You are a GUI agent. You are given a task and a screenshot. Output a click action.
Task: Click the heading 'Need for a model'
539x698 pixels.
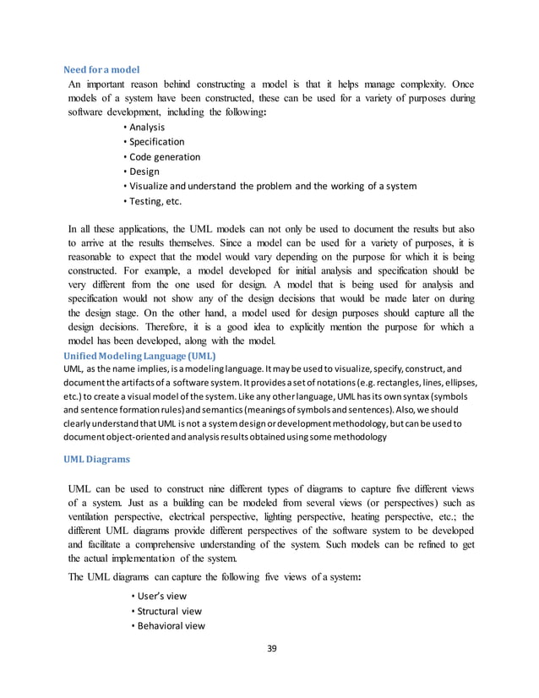tap(102, 68)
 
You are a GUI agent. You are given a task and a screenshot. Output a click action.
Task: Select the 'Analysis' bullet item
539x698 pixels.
tap(147, 127)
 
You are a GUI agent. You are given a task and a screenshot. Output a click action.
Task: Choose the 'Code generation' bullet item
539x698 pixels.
tap(165, 157)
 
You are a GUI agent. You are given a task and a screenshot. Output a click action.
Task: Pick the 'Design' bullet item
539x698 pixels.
tap(144, 172)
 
